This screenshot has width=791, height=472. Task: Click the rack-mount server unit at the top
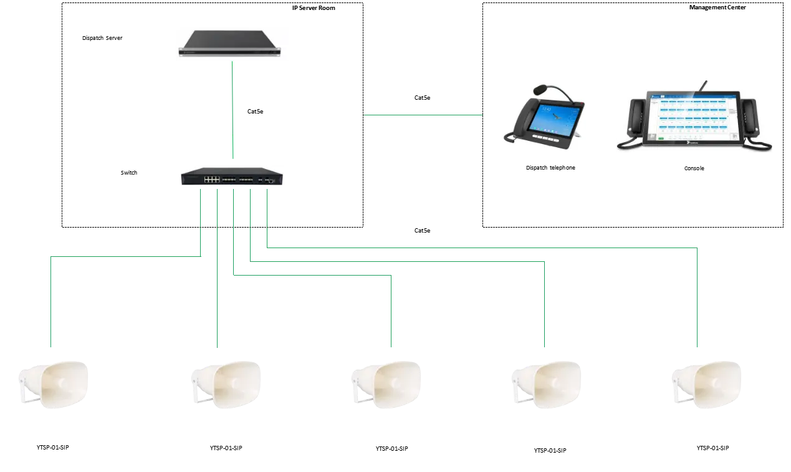pyautogui.click(x=232, y=44)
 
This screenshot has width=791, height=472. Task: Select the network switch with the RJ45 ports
pyautogui.click(x=232, y=177)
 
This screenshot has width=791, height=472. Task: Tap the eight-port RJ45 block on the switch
pyautogui.click(x=212, y=179)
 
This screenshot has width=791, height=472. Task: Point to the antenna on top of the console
pyautogui.click(x=705, y=85)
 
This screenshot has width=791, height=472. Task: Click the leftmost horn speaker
pyautogui.click(x=55, y=383)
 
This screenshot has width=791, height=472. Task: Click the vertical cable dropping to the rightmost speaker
pyautogui.click(x=696, y=299)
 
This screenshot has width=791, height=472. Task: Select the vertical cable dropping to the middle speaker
pyautogui.click(x=392, y=312)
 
